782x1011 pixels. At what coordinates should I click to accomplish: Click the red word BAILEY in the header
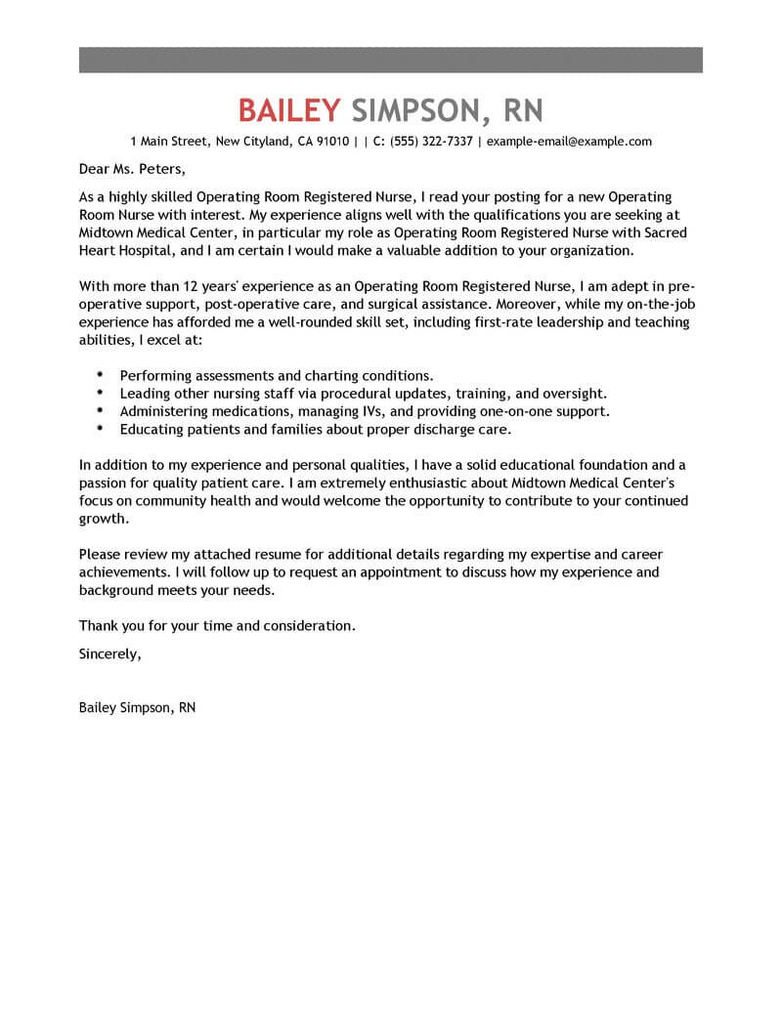point(289,108)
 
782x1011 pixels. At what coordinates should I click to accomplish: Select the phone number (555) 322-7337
point(431,142)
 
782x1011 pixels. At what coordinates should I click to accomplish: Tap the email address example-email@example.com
point(569,142)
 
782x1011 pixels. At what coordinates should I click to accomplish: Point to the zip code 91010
point(331,142)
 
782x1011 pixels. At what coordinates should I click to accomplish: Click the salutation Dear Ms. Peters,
point(131,168)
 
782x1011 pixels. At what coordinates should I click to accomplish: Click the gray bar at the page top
point(390,59)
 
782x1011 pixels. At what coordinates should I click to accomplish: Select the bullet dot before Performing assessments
point(102,374)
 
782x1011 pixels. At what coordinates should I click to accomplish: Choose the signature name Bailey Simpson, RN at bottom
point(137,706)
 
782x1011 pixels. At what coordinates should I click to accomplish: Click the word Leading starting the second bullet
point(147,393)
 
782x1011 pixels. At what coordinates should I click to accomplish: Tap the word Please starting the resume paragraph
point(101,555)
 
